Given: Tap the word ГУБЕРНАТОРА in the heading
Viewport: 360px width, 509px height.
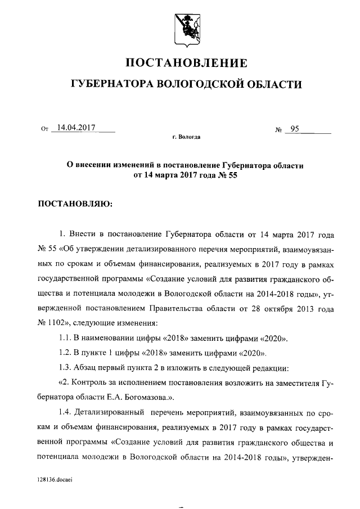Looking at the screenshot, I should pos(111,85).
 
